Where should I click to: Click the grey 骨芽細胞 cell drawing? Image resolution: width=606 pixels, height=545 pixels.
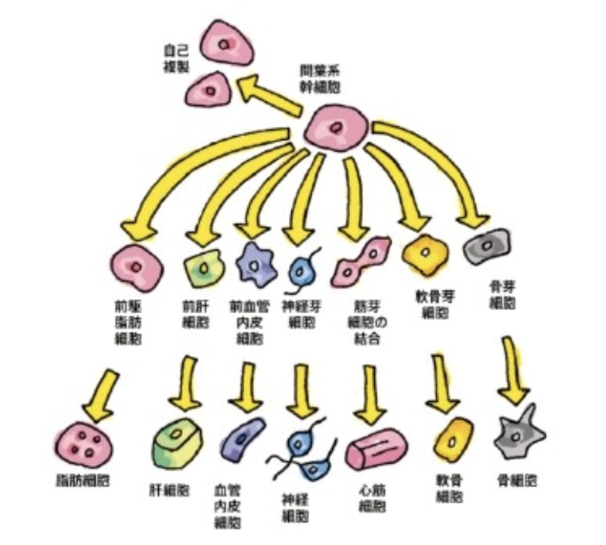(x=485, y=249)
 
